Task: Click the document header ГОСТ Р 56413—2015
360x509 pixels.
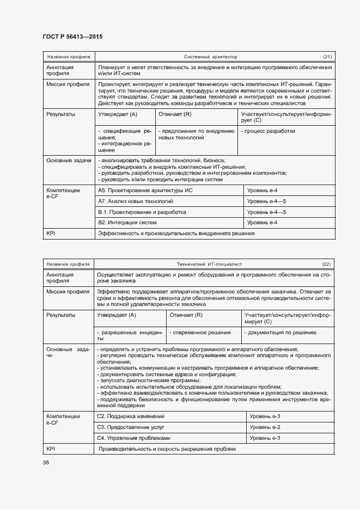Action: (x=72, y=36)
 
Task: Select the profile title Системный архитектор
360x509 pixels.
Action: (x=210, y=57)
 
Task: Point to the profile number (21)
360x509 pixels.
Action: (x=327, y=57)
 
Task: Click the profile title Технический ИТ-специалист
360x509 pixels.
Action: (x=209, y=264)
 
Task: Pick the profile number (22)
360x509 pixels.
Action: (x=326, y=264)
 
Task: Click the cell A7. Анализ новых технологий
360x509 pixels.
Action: (x=128, y=201)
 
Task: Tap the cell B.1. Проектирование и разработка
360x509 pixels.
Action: (x=142, y=212)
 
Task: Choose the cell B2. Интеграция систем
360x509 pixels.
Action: (x=127, y=223)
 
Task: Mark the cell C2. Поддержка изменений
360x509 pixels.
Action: (x=130, y=416)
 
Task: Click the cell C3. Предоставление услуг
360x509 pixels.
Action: (x=130, y=427)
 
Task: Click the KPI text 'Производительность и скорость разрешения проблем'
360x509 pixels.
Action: (x=167, y=449)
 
